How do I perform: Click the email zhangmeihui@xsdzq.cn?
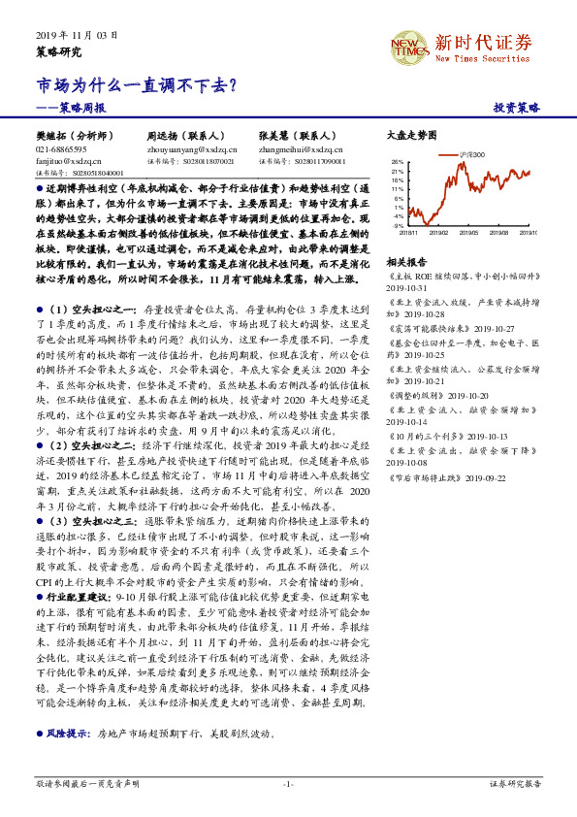(x=305, y=150)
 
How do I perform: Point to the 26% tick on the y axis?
(x=398, y=162)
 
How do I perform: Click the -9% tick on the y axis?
(x=399, y=226)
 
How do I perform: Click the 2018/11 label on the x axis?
(x=408, y=233)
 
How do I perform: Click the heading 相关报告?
(x=406, y=262)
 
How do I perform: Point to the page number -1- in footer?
(x=288, y=782)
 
